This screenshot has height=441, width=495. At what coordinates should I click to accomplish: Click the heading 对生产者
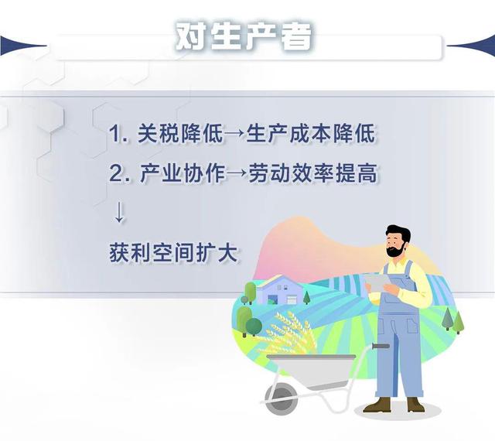(244, 36)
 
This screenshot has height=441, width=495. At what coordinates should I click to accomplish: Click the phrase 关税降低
(181, 134)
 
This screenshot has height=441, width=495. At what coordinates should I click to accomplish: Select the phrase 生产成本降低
(311, 134)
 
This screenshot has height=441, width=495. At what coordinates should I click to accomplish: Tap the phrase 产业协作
(183, 173)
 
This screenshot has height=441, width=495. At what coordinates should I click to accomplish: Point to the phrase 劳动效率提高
(312, 173)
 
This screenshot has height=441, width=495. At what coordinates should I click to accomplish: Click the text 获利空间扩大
(173, 253)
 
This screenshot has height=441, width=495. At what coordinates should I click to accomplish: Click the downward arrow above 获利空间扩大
(119, 212)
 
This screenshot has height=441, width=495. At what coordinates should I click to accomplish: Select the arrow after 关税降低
(234, 134)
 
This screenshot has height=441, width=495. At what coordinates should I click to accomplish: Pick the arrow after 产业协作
(237, 174)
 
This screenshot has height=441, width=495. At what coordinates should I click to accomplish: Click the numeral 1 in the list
(114, 134)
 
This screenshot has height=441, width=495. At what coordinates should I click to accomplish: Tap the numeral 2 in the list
(115, 174)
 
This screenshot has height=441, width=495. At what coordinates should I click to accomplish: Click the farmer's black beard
(394, 250)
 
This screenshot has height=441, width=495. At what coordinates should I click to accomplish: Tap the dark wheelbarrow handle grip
(381, 346)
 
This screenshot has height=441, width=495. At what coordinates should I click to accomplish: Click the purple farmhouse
(279, 290)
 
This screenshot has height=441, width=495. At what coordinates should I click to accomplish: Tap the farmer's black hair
(399, 234)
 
